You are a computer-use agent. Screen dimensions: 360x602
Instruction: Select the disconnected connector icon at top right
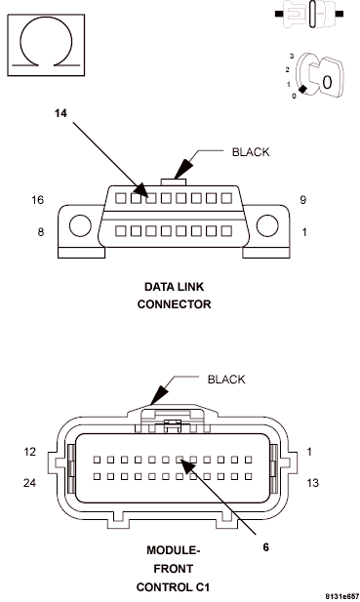(x=309, y=14)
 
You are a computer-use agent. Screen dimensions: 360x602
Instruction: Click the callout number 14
(x=60, y=113)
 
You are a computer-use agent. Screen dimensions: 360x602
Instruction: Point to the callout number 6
(x=266, y=547)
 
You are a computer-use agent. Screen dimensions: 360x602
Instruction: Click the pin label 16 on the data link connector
(x=38, y=200)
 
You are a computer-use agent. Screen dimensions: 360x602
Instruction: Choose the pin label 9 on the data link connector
(x=302, y=200)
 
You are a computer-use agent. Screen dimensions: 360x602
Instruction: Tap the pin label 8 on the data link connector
(x=41, y=232)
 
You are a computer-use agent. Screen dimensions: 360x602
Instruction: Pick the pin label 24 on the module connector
(x=29, y=483)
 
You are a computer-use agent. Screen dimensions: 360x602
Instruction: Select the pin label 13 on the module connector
(x=312, y=483)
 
